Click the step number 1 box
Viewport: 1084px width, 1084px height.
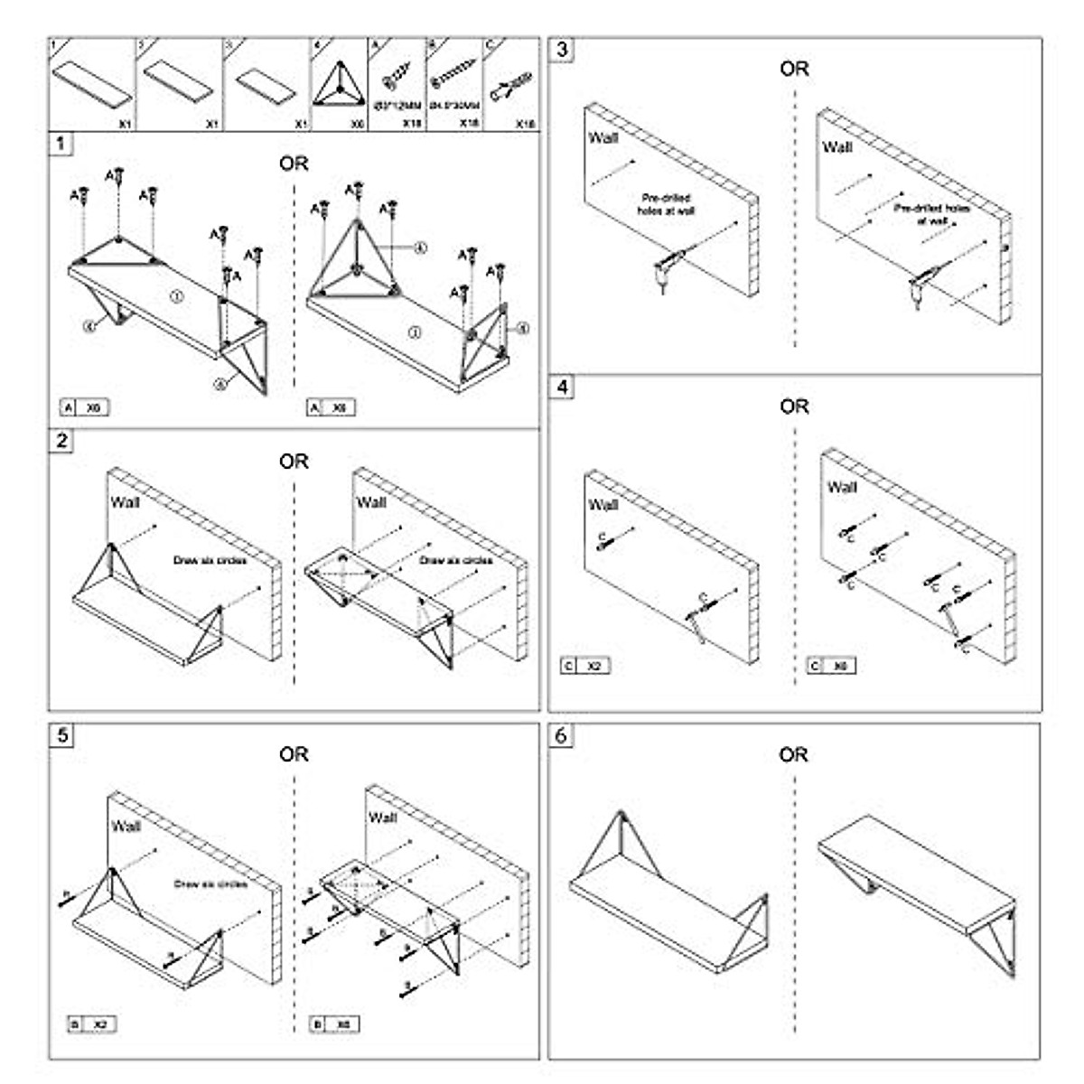pyautogui.click(x=61, y=144)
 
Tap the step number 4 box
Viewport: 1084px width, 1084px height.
pyautogui.click(x=563, y=388)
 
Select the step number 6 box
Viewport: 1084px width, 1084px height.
pyautogui.click(x=562, y=736)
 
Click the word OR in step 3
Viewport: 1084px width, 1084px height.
pyautogui.click(x=794, y=69)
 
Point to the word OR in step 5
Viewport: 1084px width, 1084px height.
pyautogui.click(x=294, y=753)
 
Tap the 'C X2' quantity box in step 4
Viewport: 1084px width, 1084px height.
pyautogui.click(x=584, y=667)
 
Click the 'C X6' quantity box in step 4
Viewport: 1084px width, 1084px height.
pyautogui.click(x=831, y=667)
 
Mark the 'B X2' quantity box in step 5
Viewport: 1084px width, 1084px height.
pyautogui.click(x=92, y=1024)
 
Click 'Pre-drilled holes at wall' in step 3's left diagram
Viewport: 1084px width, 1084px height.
pyautogui.click(x=667, y=203)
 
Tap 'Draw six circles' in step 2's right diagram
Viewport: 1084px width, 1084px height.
pyautogui.click(x=455, y=560)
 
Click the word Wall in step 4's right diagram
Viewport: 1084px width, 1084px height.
pyautogui.click(x=841, y=487)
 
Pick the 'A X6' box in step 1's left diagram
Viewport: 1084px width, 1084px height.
pyautogui.click(x=84, y=408)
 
